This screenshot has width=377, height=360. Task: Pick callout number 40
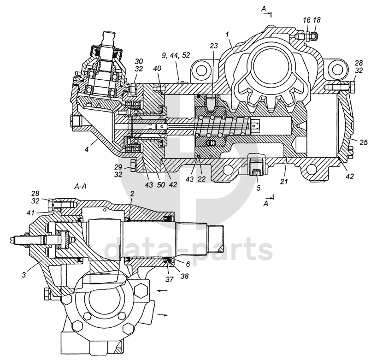click(x=157, y=69)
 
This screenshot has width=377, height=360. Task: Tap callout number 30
click(x=139, y=61)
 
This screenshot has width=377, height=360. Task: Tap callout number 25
click(x=363, y=142)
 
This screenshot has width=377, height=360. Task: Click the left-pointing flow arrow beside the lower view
click(x=161, y=290)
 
